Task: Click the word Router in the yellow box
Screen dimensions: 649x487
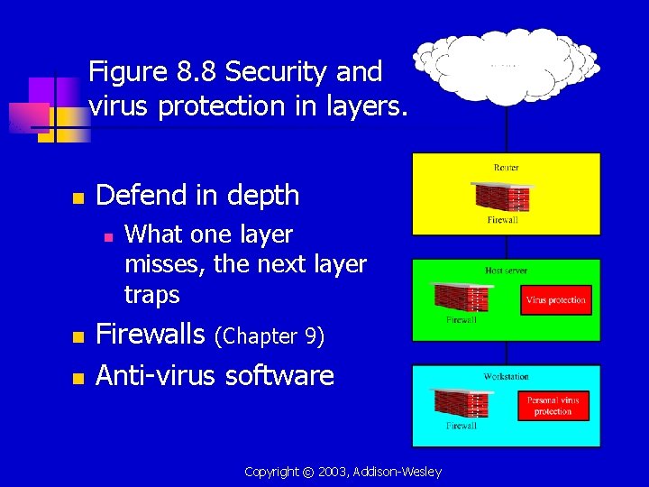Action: coord(506,168)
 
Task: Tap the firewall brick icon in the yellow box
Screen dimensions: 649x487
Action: coord(501,198)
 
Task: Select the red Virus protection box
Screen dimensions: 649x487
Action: coord(555,300)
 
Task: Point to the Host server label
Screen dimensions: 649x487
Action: coord(506,271)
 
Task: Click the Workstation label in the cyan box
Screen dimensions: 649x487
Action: coord(506,376)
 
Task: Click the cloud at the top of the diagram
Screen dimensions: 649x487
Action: coord(505,63)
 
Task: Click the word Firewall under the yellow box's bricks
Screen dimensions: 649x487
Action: coord(502,220)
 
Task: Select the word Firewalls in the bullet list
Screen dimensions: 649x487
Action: coord(151,335)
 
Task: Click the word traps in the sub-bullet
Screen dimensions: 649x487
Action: coord(151,295)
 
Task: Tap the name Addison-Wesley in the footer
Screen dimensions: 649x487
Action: coord(398,472)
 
